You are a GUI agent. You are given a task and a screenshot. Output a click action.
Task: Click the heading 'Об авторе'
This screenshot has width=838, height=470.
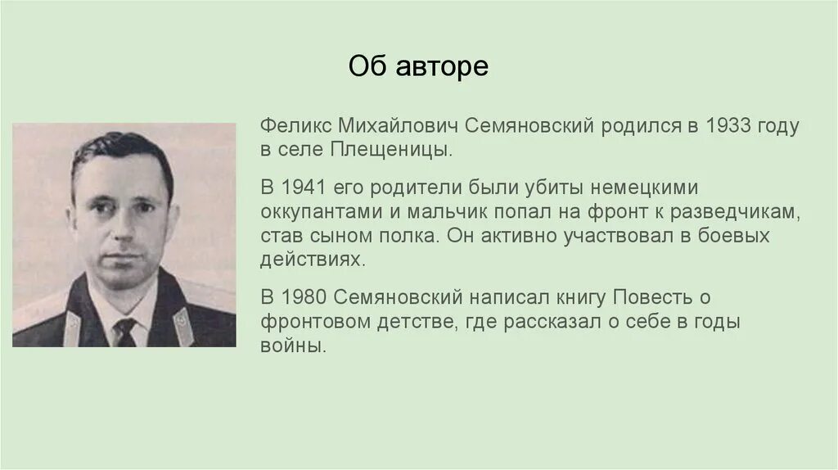pos(418,66)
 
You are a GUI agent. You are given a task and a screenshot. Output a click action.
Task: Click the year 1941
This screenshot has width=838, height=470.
pos(302,187)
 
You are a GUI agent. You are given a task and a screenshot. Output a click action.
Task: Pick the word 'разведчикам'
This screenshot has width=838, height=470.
pos(733,211)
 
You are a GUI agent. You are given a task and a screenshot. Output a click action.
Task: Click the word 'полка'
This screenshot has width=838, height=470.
pos(416,236)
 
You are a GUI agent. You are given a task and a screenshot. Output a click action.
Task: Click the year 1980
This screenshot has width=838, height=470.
pos(303,296)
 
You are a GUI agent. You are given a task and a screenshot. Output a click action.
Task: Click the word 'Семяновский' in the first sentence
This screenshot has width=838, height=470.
pos(530,127)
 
